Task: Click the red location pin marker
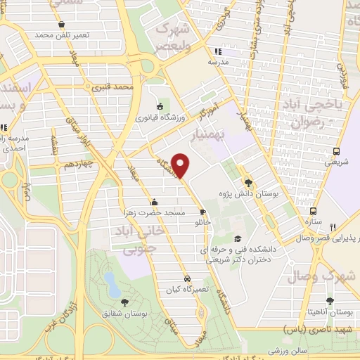tap(181, 165)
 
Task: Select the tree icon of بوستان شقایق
tap(124, 302)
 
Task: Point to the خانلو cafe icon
tap(202, 211)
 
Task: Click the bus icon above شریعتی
tap(337, 151)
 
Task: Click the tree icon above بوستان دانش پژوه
tap(245, 180)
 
